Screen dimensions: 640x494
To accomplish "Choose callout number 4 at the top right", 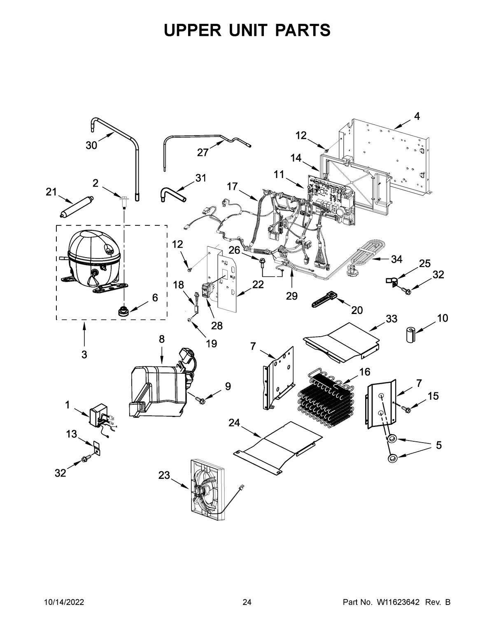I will [417, 116].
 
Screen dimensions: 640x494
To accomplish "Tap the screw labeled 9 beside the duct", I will [201, 399].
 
